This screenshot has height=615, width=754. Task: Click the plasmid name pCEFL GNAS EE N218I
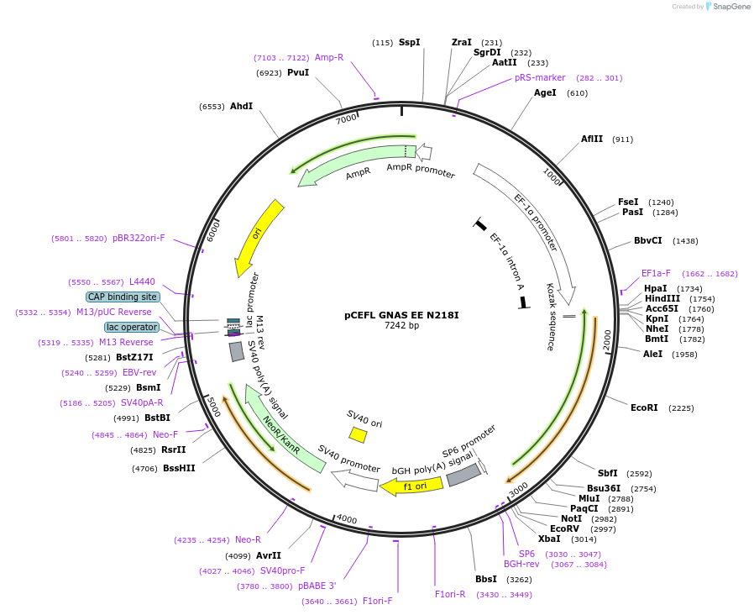[401, 315]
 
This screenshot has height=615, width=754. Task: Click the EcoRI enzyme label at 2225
[644, 407]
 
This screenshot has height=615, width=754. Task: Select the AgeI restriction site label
[545, 92]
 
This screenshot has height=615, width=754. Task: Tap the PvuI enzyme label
[298, 73]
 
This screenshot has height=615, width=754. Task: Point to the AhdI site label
[241, 107]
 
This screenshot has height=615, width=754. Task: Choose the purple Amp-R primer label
[329, 57]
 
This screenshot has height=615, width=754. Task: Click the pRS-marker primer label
[540, 77]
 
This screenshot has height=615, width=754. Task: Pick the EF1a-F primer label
[656, 273]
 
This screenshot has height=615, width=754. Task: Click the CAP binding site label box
[122, 297]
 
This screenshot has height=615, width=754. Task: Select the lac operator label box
[132, 327]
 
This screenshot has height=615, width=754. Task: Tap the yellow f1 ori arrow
[411, 486]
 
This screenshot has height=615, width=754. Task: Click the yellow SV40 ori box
[358, 434]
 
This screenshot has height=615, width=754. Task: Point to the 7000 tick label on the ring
[346, 118]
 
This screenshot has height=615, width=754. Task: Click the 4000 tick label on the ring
[348, 519]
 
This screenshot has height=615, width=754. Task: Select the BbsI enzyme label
[485, 579]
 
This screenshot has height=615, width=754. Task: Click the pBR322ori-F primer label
[139, 238]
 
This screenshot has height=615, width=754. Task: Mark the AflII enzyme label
[592, 139]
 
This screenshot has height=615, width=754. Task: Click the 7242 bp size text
[401, 325]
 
